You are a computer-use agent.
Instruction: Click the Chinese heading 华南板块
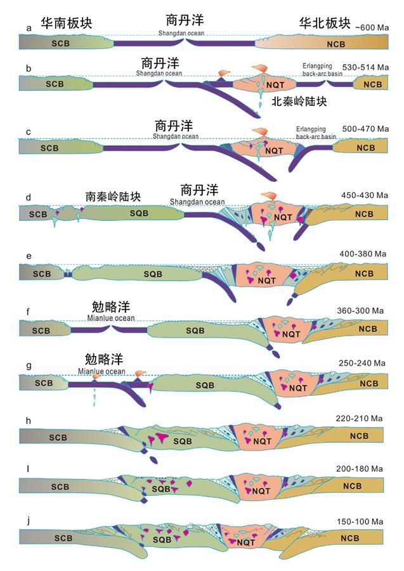tap(67, 23)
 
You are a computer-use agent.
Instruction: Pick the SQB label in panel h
tap(183, 440)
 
